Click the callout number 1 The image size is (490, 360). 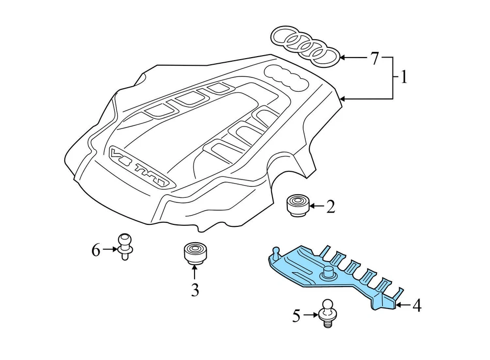pos(404,78)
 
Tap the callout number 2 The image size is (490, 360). pos(330,207)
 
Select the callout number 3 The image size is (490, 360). pos(194,290)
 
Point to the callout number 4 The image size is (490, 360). pos(416,306)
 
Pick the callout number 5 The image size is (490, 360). pos(297,316)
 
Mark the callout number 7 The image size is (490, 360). pos(374,59)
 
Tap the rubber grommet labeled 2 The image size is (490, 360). pos(296,205)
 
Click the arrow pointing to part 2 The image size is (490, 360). pos(316,206)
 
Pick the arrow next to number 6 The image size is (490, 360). pos(110,249)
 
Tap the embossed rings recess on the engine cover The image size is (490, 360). pos(286,76)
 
